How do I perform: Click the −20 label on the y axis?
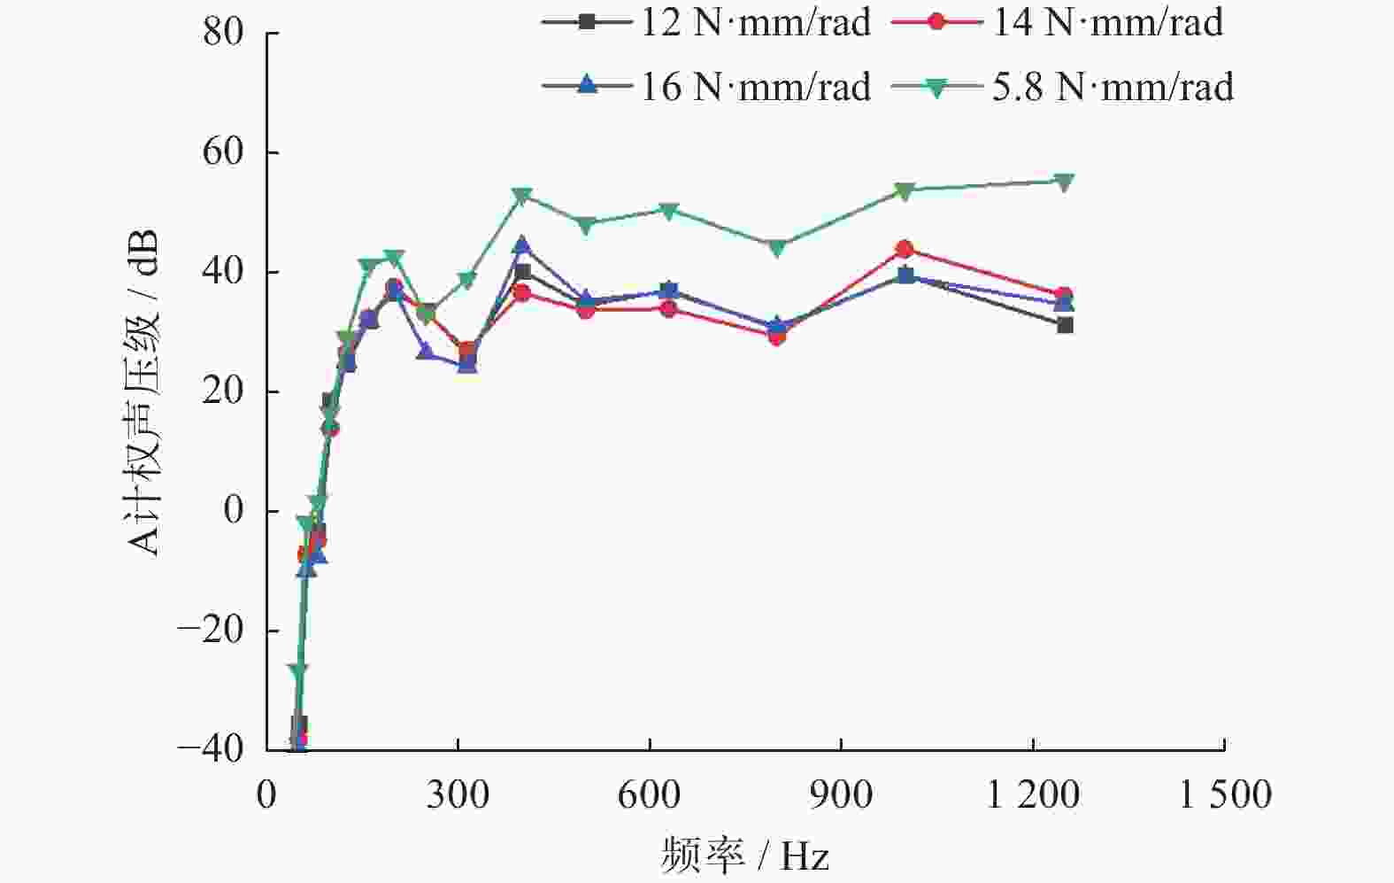click(x=210, y=631)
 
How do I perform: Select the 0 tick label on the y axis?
click(x=233, y=511)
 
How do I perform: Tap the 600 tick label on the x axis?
click(x=649, y=794)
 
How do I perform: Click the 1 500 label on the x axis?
click(x=1225, y=794)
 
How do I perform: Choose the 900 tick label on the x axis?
click(x=841, y=794)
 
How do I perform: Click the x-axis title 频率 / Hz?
click(x=745, y=856)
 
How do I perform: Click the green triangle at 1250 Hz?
click(x=1065, y=182)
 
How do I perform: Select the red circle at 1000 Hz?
click(x=905, y=249)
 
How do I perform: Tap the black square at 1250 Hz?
click(x=1065, y=325)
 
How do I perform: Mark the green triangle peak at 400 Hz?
click(x=522, y=196)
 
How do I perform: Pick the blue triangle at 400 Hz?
click(x=522, y=245)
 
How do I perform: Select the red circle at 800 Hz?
click(x=777, y=336)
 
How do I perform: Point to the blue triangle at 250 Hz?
click(x=426, y=352)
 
